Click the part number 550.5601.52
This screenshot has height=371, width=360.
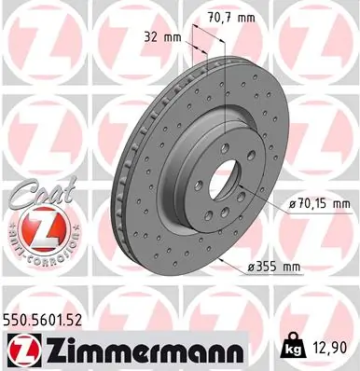pyautogui.click(x=56, y=319)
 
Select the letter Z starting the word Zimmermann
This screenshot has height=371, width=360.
pyautogui.click(x=54, y=350)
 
